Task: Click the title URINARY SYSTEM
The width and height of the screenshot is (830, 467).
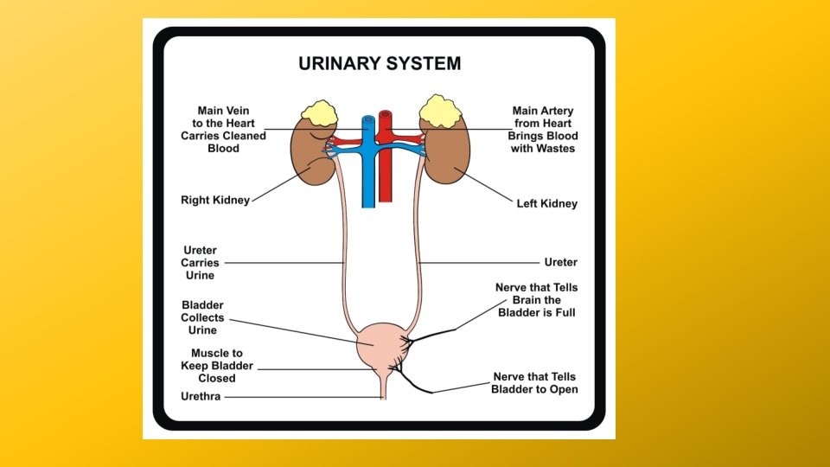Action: (x=380, y=64)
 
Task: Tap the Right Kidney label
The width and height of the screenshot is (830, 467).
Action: (x=214, y=200)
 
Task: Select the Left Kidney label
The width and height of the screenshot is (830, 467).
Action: (x=546, y=204)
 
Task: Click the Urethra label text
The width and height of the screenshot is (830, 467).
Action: (x=201, y=397)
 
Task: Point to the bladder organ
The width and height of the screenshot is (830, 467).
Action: (x=380, y=344)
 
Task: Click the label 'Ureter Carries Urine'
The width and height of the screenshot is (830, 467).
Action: (x=200, y=263)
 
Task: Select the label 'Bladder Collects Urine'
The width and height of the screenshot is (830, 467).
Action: (x=202, y=317)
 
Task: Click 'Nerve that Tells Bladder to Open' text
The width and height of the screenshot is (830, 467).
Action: (x=534, y=383)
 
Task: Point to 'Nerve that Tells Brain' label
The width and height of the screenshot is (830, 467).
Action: (x=536, y=299)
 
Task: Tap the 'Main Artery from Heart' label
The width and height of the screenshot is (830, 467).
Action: (x=542, y=130)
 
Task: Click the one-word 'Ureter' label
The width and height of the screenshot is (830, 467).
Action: (x=560, y=262)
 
